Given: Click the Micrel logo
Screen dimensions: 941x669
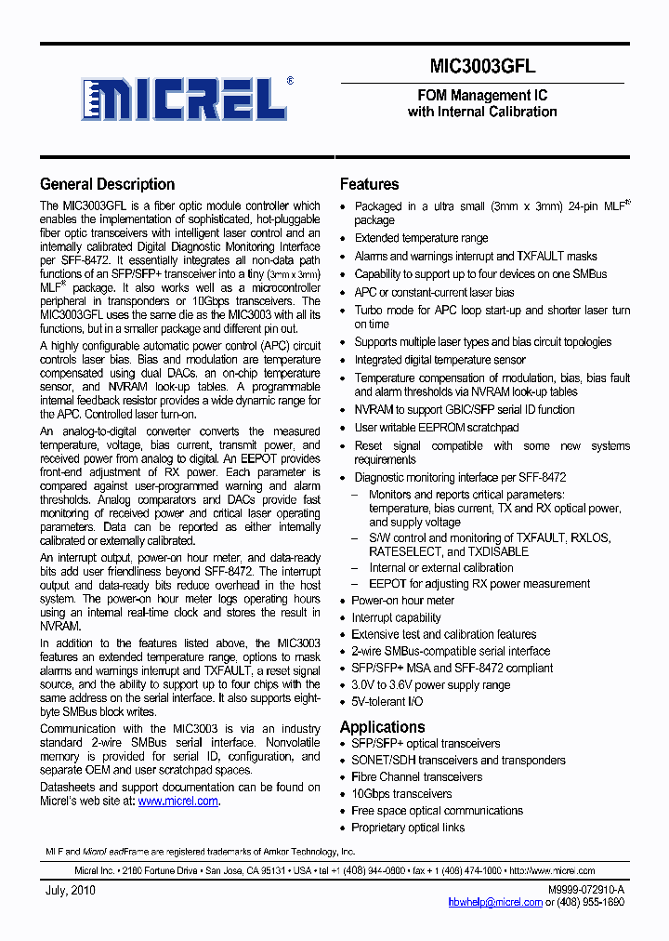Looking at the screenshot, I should (184, 99).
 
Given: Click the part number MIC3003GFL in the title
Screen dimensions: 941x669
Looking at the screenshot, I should (482, 66).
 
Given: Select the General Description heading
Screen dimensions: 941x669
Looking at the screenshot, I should (108, 184).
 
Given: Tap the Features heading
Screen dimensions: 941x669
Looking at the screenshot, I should (369, 184).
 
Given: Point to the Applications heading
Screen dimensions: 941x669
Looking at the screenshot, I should (382, 726).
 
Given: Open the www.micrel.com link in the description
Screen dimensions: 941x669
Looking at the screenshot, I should (177, 801).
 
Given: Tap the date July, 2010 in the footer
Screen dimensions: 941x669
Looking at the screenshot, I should (70, 890).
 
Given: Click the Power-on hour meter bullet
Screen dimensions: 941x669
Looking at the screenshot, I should (402, 601).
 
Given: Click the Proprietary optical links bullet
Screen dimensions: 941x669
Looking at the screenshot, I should (408, 827).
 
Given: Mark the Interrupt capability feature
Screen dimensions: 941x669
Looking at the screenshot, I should (396, 617).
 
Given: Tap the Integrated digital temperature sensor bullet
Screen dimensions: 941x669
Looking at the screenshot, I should (439, 360).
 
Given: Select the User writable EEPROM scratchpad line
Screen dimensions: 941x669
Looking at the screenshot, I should (437, 428).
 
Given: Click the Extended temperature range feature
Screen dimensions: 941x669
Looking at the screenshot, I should (421, 238).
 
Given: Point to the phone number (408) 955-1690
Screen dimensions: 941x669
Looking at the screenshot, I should (590, 902).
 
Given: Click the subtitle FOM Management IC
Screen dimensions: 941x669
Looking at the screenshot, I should (482, 96).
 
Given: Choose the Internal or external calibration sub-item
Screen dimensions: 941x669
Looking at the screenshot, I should (441, 567).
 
